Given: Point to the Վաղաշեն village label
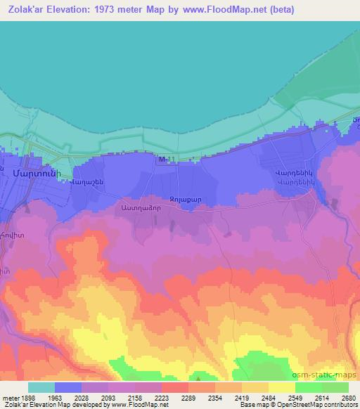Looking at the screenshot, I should tap(87, 182).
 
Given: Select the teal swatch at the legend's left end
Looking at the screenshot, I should tap(41, 387).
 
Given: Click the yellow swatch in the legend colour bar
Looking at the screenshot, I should tap(282, 387).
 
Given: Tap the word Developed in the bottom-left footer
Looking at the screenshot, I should tap(87, 405).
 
